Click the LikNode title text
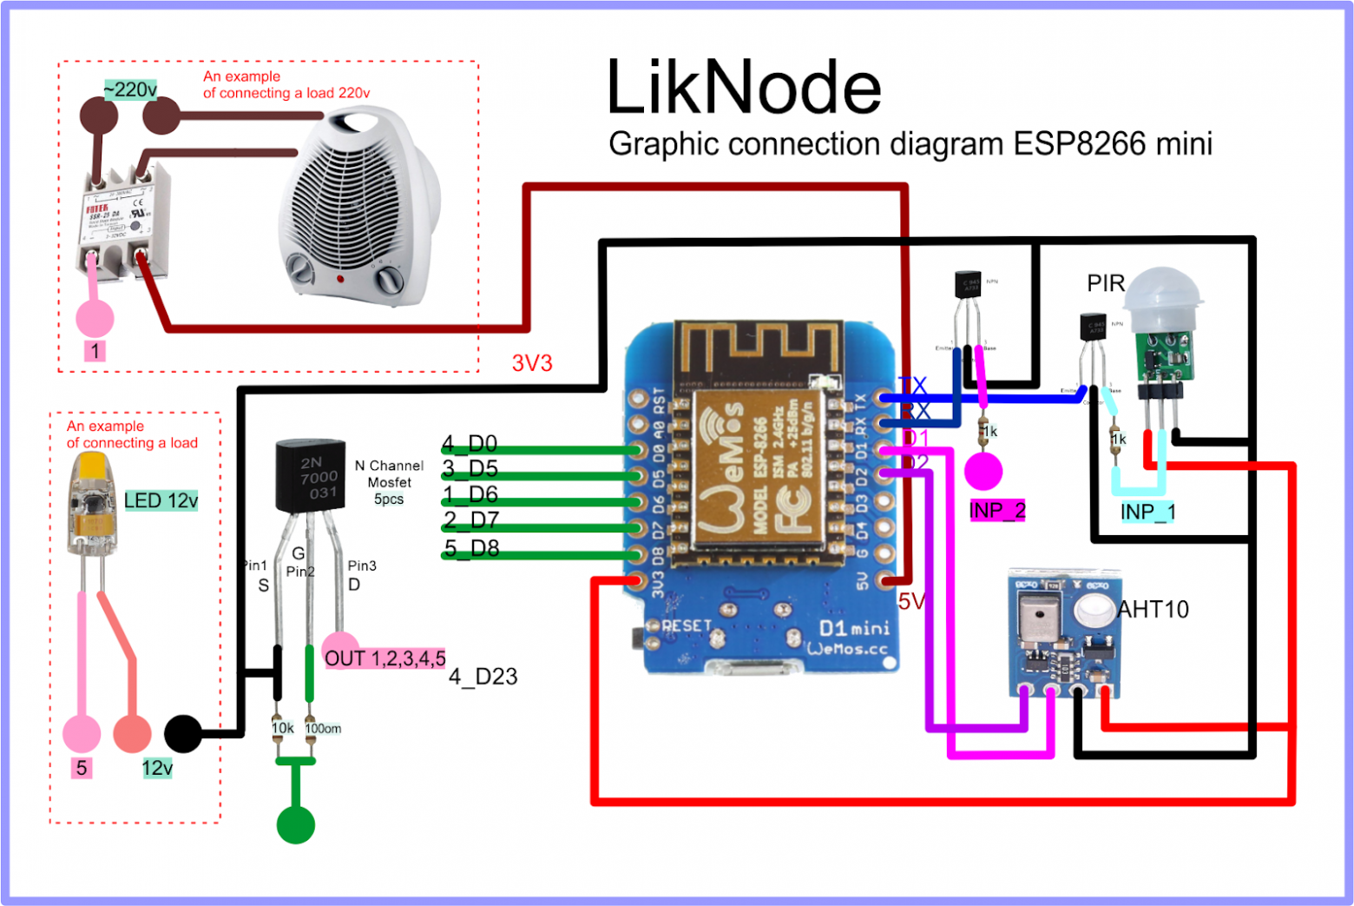[x=743, y=89]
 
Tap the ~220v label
[x=130, y=89]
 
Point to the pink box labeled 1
[x=95, y=351]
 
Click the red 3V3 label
[x=531, y=363]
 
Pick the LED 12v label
[x=161, y=500]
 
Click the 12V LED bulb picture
[x=91, y=504]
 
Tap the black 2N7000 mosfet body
[x=310, y=476]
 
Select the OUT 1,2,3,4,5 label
[x=385, y=658]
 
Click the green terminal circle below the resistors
[x=295, y=824]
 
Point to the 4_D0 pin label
[x=469, y=444]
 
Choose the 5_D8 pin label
[x=470, y=548]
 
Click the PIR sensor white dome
[x=1163, y=295]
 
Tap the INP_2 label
[x=996, y=511]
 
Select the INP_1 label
[x=1147, y=512]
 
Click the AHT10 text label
[x=1153, y=610]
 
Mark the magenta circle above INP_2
[x=983, y=472]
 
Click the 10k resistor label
[x=282, y=728]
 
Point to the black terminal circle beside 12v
[x=182, y=734]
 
